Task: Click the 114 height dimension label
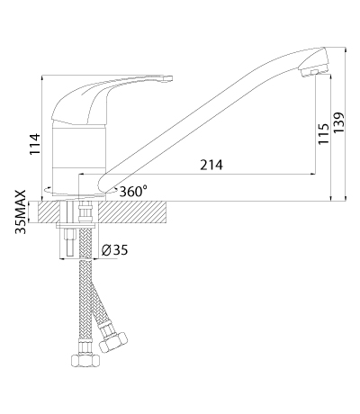[35, 144]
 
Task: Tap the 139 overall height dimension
[338, 123]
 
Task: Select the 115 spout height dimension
[323, 133]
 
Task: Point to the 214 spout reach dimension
[211, 165]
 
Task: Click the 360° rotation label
[133, 191]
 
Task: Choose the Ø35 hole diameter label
[114, 250]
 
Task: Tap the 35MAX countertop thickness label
[21, 211]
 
